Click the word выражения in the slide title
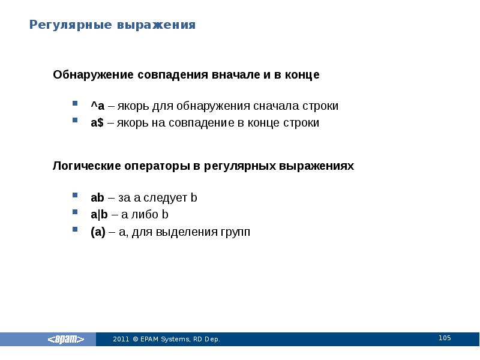pyautogui.click(x=157, y=25)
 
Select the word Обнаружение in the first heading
pyautogui.click(x=93, y=75)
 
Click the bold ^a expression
pyautogui.click(x=98, y=106)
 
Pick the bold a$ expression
pyautogui.click(x=98, y=123)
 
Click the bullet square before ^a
pyautogui.click(x=76, y=103)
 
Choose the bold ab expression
pyautogui.click(x=98, y=197)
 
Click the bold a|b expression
pyautogui.click(x=99, y=214)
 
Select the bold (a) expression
pyautogui.click(x=98, y=232)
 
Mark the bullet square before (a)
pyautogui.click(x=76, y=229)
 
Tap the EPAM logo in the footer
pyautogui.click(x=71, y=340)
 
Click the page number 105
pyautogui.click(x=445, y=338)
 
